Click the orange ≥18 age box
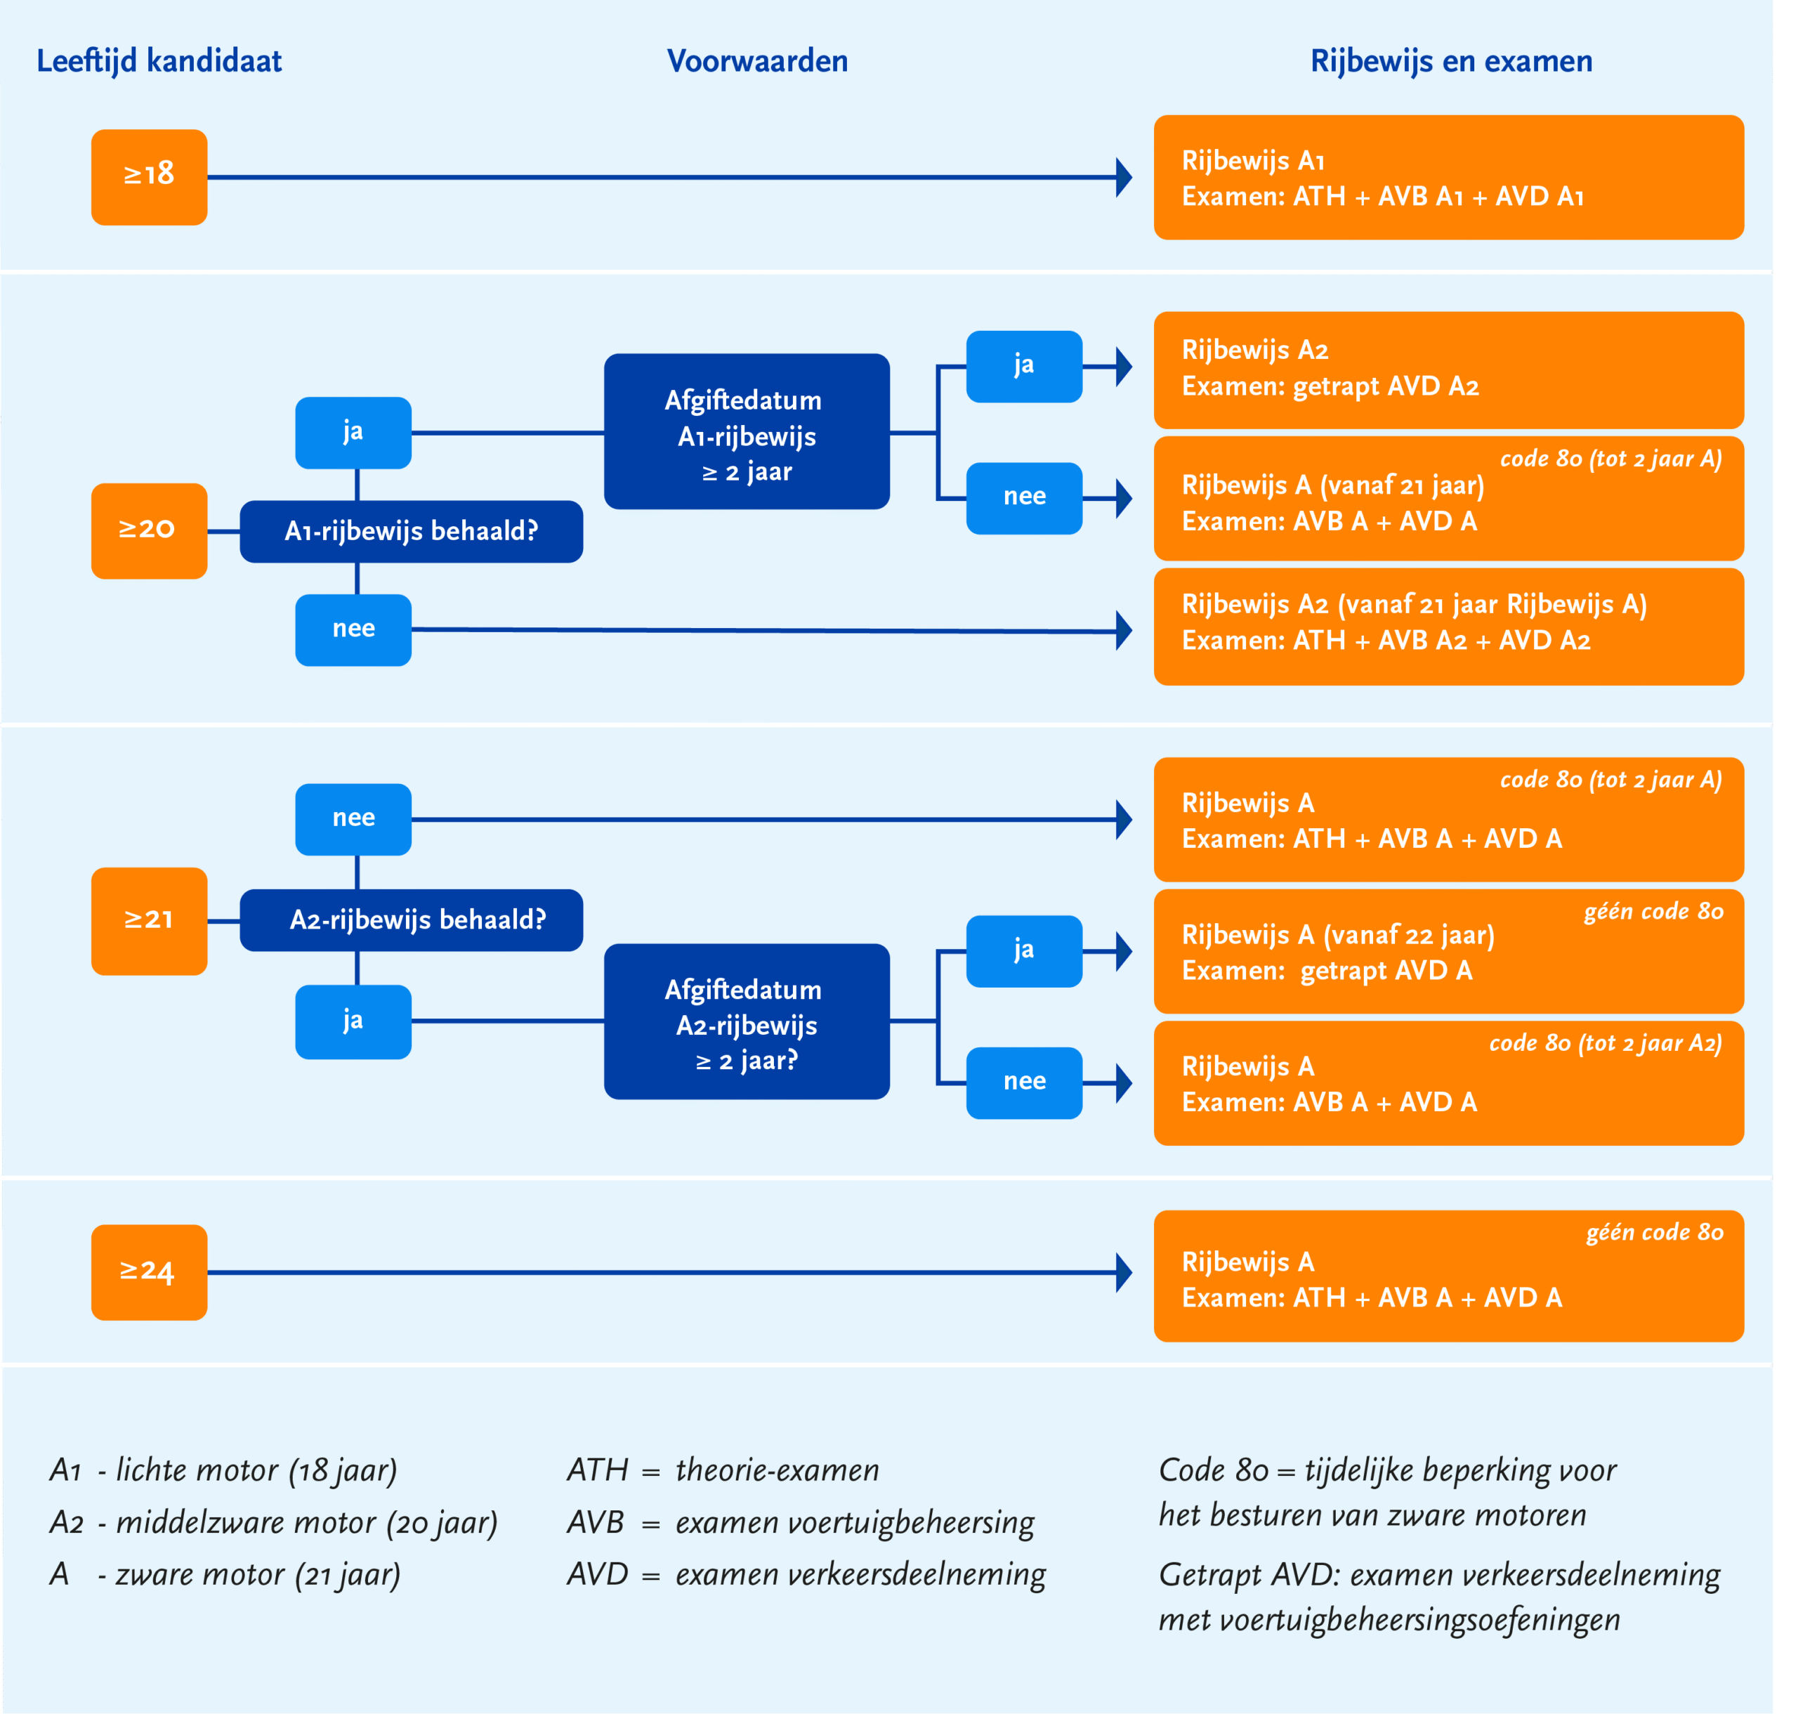(149, 177)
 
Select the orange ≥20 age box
(149, 531)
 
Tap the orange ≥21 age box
(149, 921)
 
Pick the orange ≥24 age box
(149, 1271)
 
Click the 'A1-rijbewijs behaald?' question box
(411, 532)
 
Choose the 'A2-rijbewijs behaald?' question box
(411, 920)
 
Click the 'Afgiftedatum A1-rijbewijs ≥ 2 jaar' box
(747, 431)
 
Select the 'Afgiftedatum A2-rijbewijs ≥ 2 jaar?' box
(747, 1021)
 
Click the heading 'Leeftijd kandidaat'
(159, 61)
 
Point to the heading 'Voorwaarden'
(757, 61)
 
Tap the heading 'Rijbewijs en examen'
(1451, 61)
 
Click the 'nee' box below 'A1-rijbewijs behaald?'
(353, 630)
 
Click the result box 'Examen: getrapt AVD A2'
(1448, 370)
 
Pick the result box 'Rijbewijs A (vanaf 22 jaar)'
(1448, 951)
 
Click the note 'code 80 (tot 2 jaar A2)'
(1606, 1043)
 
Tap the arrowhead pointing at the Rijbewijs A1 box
(1124, 177)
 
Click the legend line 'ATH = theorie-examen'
(723, 1470)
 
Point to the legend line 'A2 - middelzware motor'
(273, 1523)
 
